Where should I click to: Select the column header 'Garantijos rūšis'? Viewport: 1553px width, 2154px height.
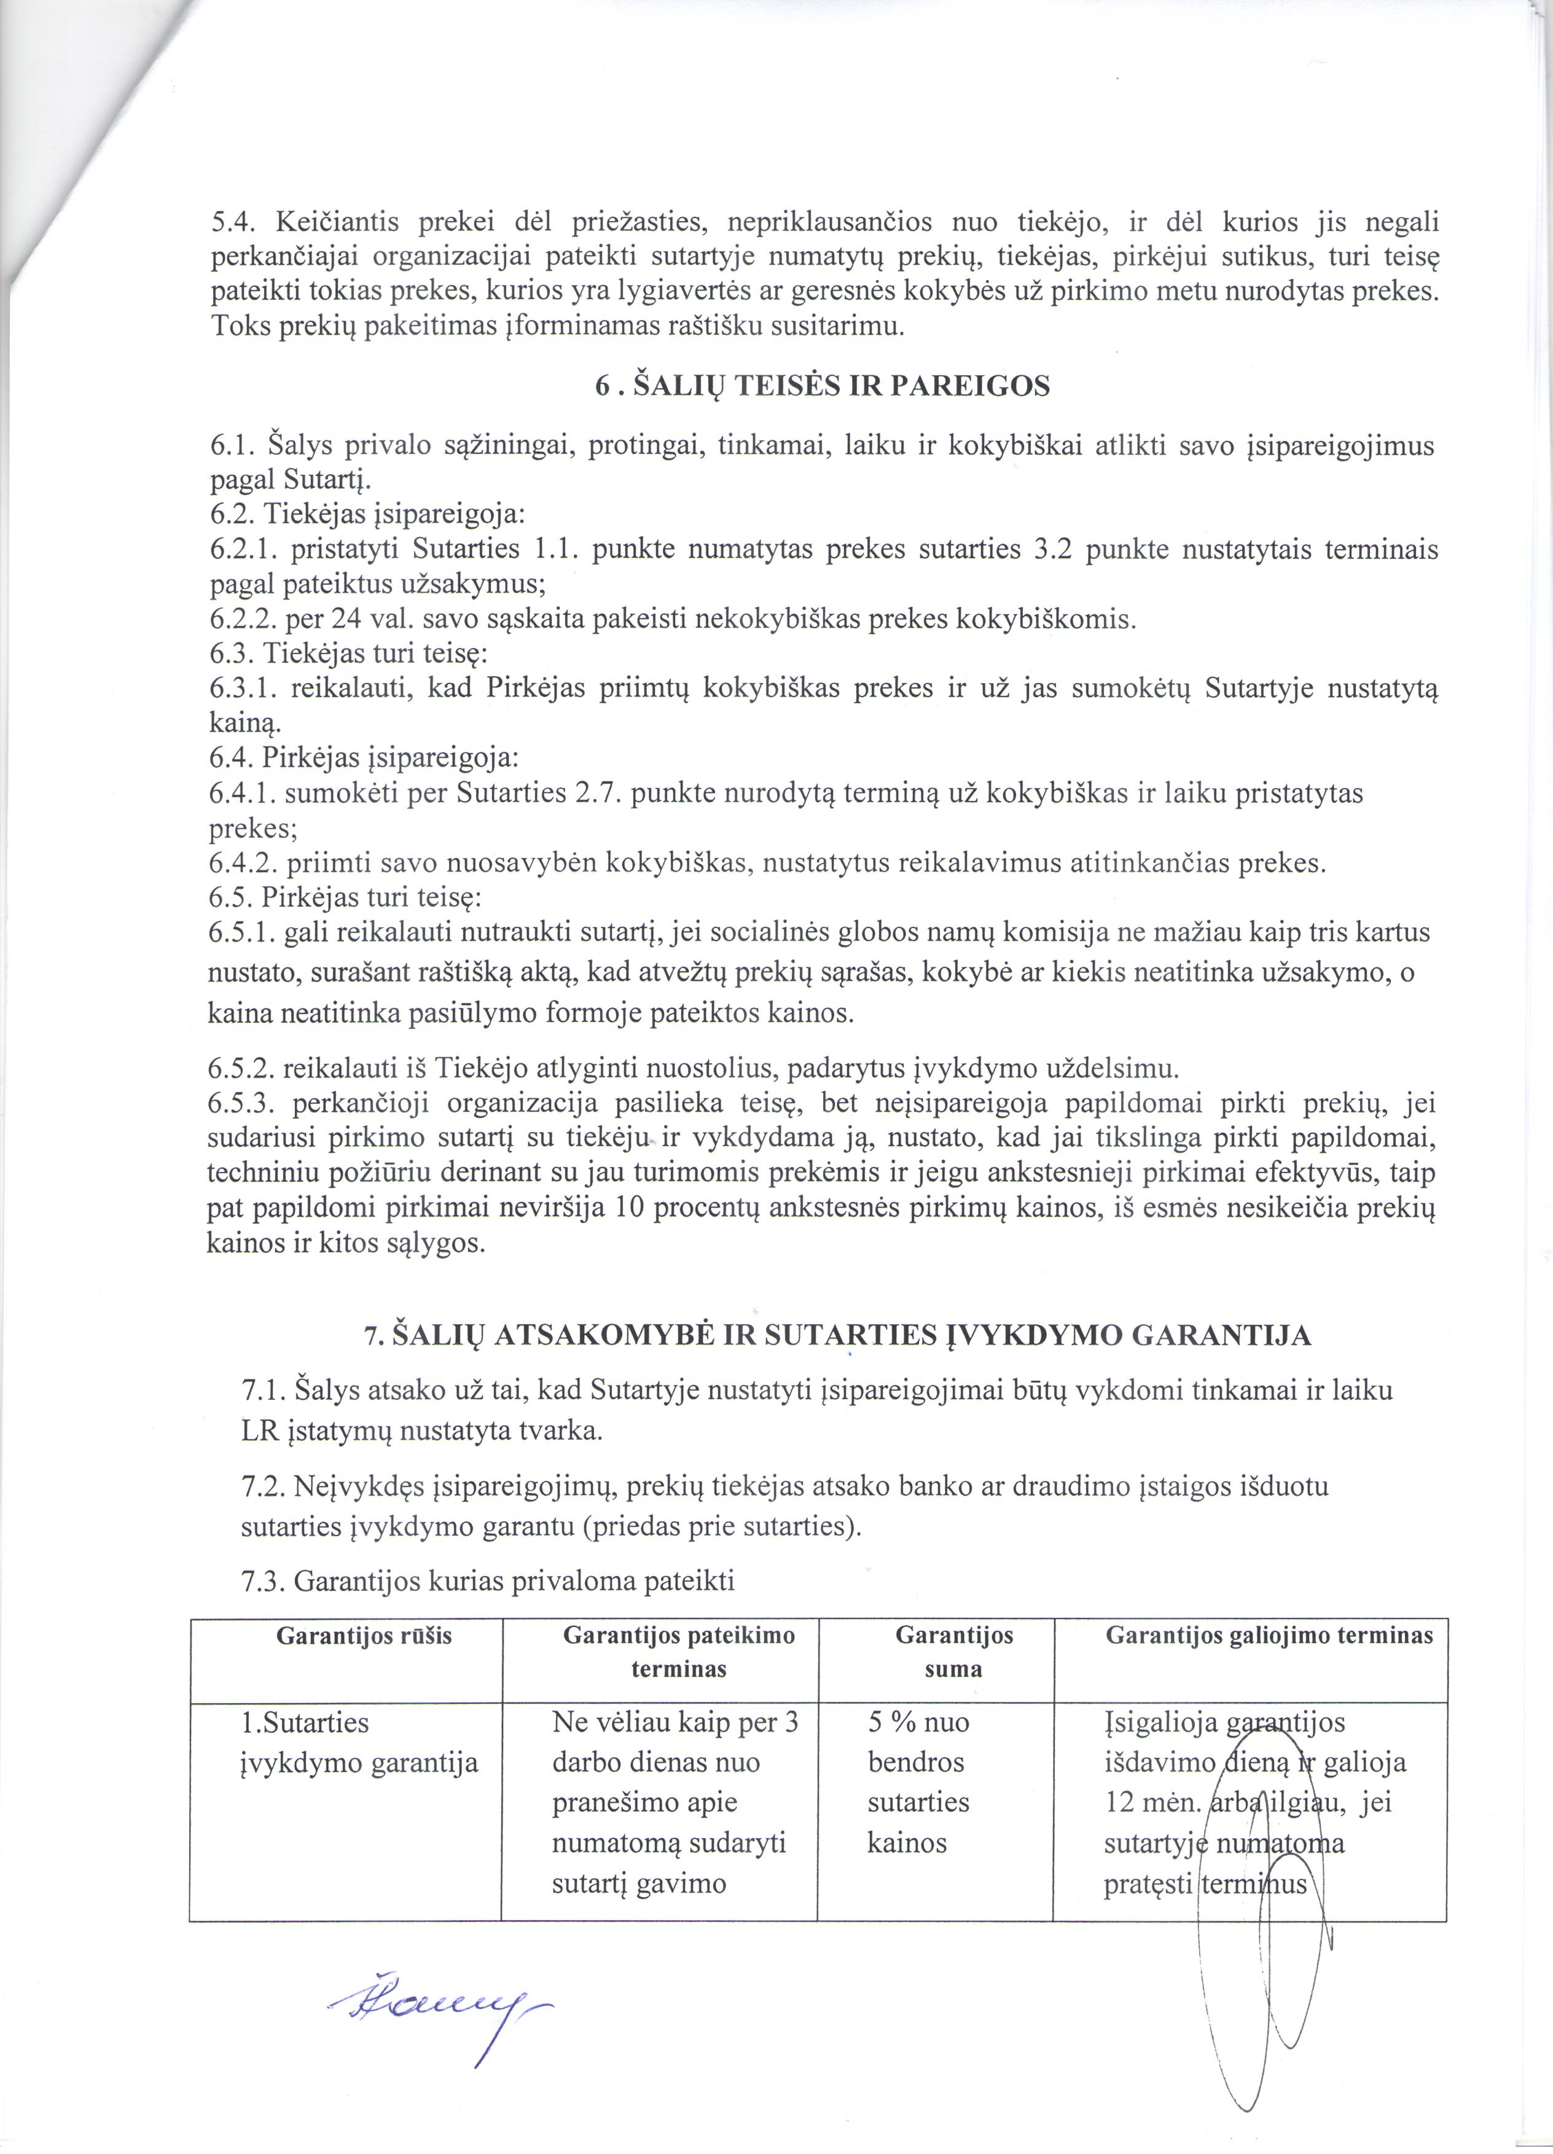pyautogui.click(x=363, y=1636)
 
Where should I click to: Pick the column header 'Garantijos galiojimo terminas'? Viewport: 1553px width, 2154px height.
pyautogui.click(x=1269, y=1636)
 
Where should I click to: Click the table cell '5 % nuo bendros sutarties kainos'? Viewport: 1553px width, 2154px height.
pyautogui.click(x=918, y=1782)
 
